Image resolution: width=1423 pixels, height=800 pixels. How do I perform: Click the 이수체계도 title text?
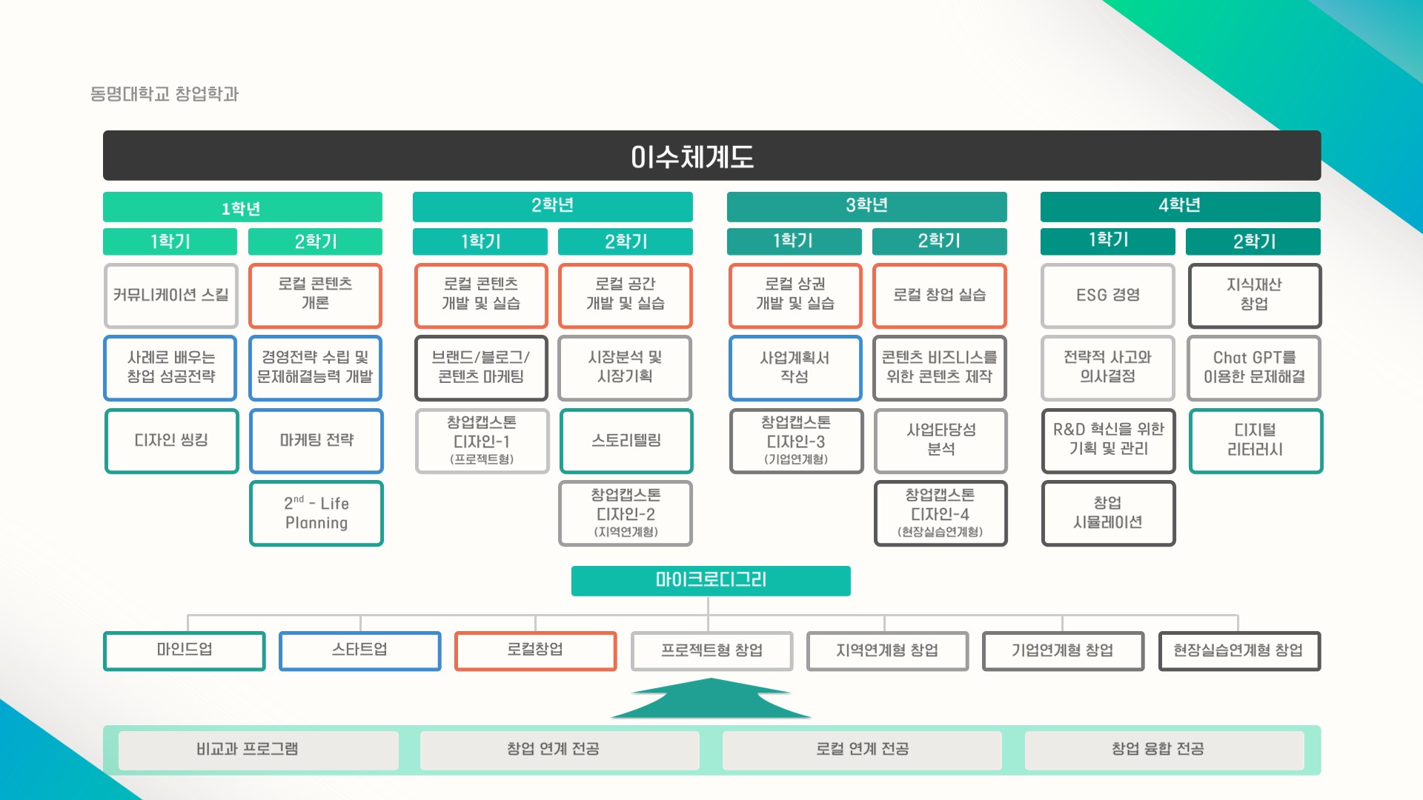coord(692,156)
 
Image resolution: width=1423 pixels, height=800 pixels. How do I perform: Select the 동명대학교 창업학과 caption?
coord(165,94)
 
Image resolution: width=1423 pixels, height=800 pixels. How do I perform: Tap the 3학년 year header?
coord(866,206)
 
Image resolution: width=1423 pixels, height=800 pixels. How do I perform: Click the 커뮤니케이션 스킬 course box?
coord(170,296)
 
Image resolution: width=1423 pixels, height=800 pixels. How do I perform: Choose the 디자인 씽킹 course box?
coord(171,441)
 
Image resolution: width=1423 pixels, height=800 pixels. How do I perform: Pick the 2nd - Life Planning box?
coord(316,513)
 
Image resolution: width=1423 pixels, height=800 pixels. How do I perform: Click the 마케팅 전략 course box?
coord(316,441)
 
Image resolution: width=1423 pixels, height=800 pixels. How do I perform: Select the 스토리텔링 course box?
coord(626,441)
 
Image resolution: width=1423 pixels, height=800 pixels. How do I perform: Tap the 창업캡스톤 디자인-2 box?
coord(626,513)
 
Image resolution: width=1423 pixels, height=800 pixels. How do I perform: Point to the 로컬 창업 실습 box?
coord(939,296)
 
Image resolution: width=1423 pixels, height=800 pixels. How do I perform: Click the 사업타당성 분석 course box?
coord(941,441)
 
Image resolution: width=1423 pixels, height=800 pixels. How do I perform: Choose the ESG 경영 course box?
coord(1108,296)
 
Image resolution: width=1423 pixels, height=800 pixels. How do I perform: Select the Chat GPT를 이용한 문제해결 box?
coord(1254,368)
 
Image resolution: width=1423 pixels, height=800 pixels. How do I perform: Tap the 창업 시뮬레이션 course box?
coord(1108,513)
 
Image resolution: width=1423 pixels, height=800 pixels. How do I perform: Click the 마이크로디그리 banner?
coord(711,580)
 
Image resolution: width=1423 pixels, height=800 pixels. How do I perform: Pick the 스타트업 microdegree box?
coord(359,650)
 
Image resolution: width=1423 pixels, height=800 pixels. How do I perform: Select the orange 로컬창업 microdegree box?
coord(535,650)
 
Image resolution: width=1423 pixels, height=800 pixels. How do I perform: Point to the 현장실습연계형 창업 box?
coord(1238,650)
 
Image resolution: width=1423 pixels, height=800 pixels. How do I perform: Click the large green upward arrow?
coord(711,700)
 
